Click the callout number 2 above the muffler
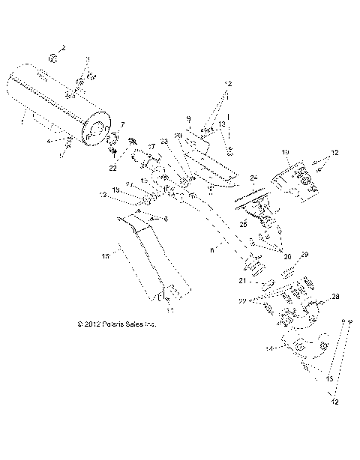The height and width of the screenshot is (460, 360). tap(64, 48)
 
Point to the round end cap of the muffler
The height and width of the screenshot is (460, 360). tap(97, 132)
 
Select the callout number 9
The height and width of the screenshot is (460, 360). tap(190, 118)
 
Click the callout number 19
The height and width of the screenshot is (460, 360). tap(286, 152)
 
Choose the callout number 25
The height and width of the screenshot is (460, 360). tap(242, 224)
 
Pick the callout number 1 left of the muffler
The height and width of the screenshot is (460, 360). tap(23, 119)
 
